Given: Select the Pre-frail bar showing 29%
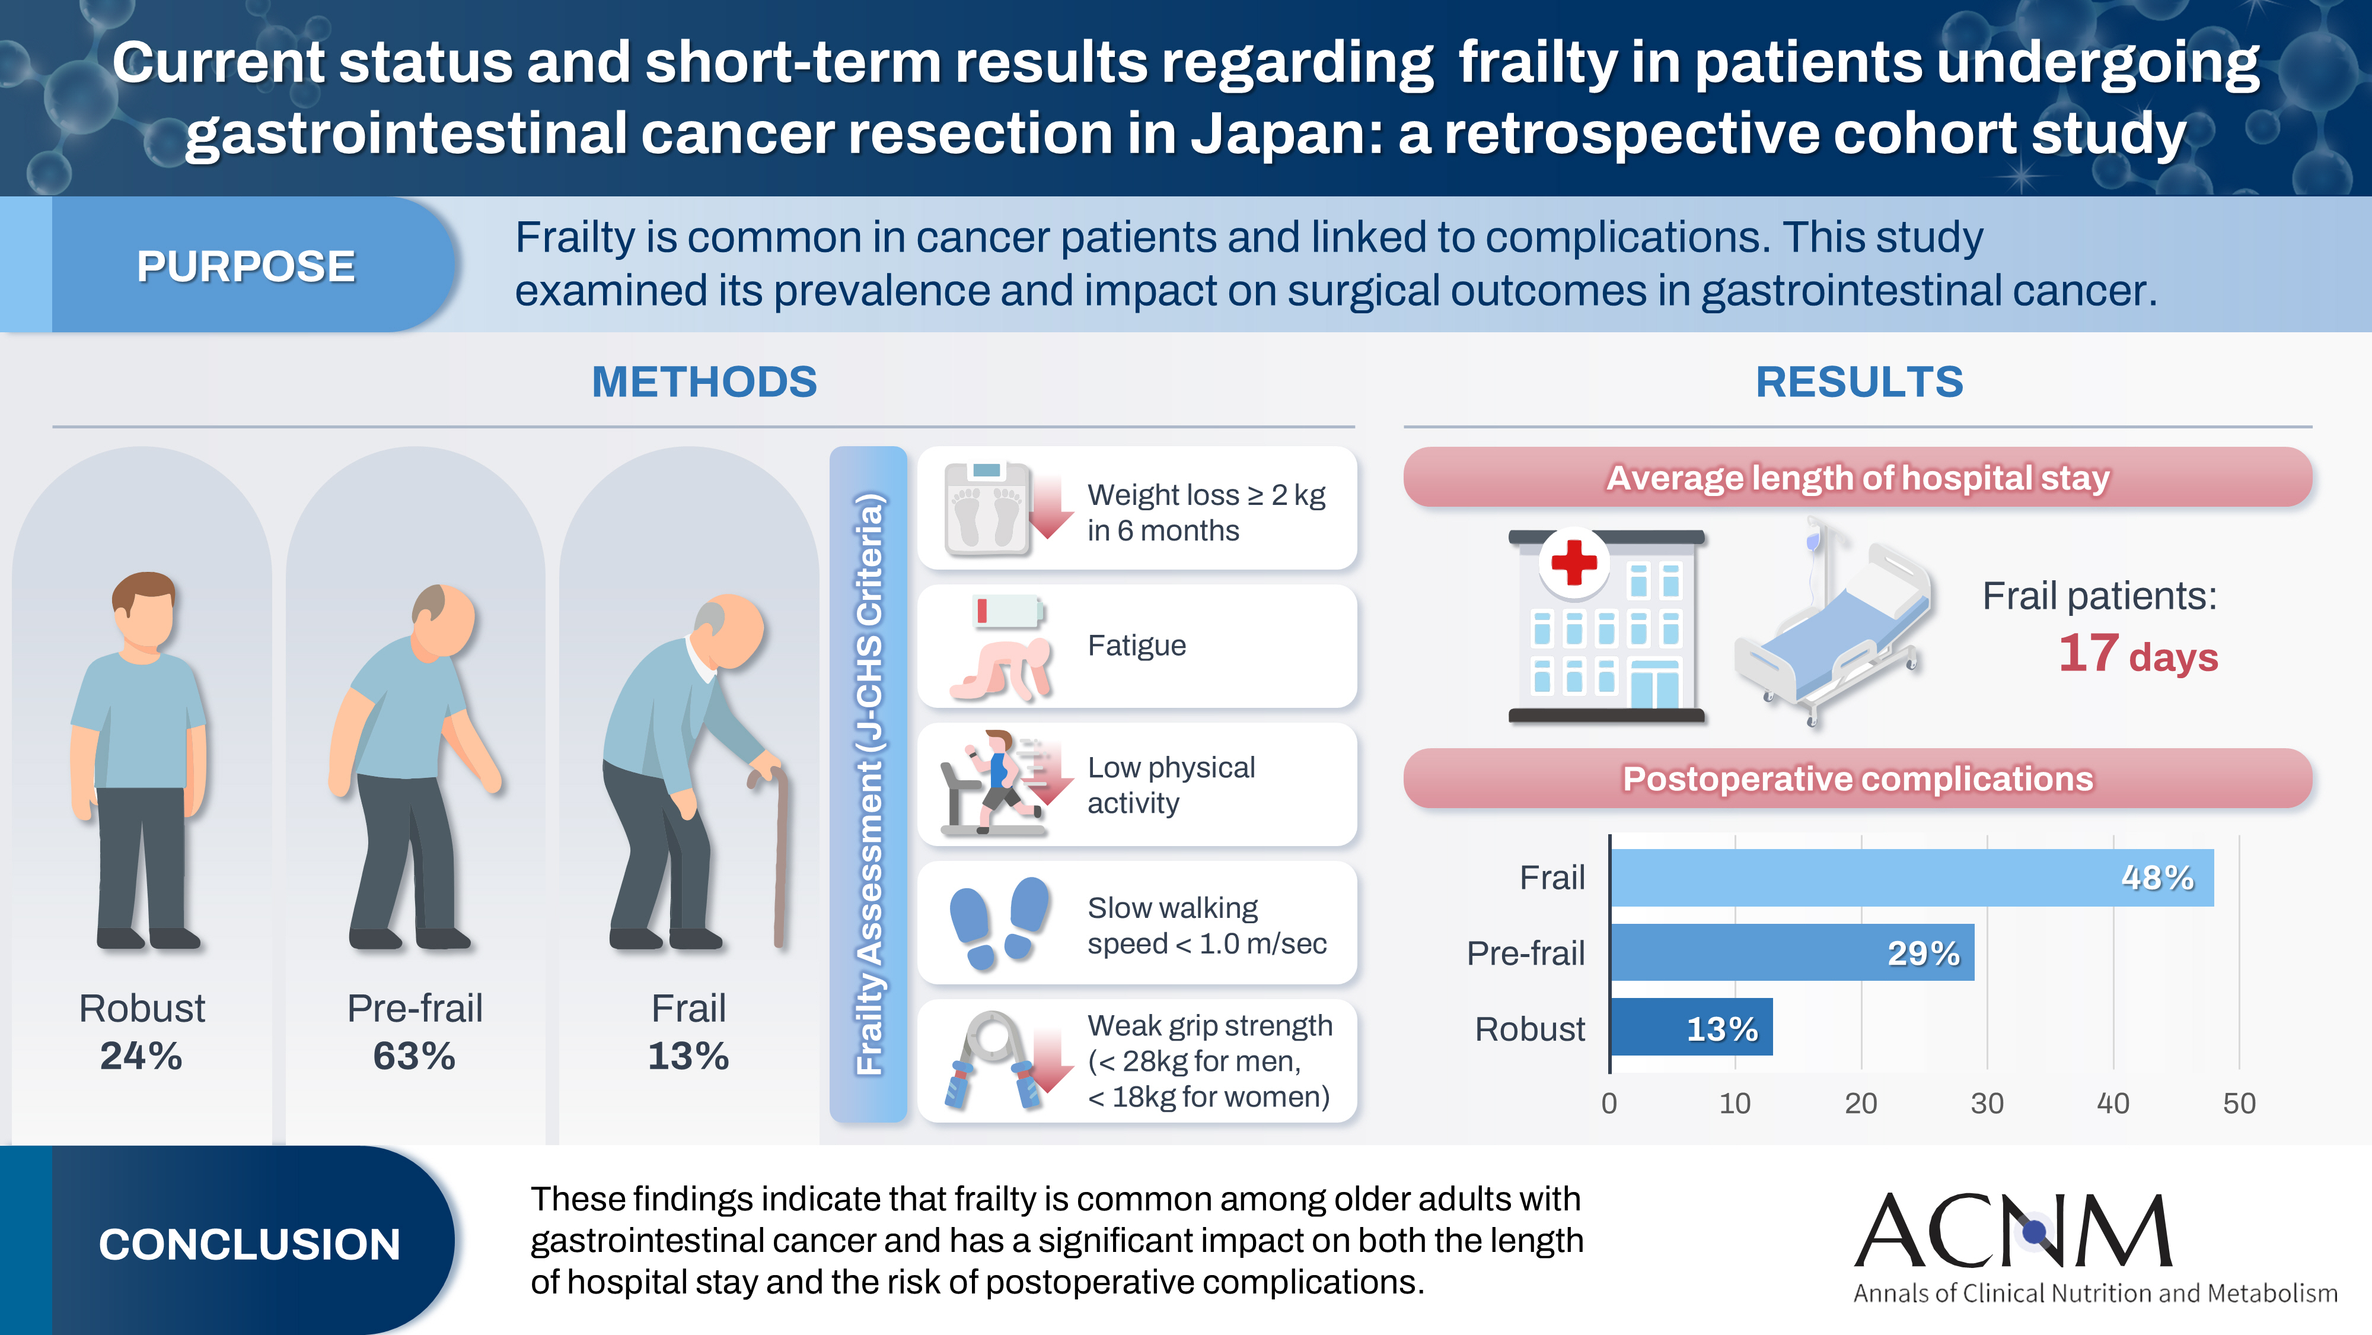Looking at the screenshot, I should (1791, 953).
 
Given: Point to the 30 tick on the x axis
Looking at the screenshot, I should (1986, 1103).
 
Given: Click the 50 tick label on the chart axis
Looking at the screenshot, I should (2239, 1103).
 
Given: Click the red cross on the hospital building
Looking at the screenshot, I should (1574, 561).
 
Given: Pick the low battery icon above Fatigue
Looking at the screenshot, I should (1008, 610).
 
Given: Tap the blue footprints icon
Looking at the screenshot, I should (1000, 922).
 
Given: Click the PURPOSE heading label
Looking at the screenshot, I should (246, 266).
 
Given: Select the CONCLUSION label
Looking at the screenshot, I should (250, 1244).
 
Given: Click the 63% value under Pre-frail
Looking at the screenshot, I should (415, 1056).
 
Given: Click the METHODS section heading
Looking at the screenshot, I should (704, 382).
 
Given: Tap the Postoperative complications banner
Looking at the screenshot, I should (1857, 778).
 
